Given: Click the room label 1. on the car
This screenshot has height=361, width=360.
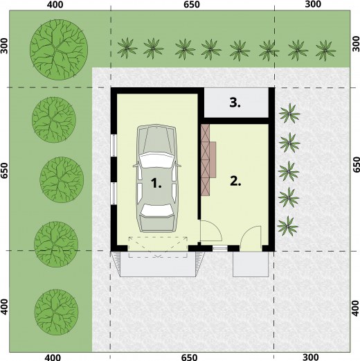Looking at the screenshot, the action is [156, 183].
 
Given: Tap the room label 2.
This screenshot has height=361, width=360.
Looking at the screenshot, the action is [235, 181].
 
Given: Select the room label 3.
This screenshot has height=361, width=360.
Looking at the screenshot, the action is [235, 103].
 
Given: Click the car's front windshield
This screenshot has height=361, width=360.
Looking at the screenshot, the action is [156, 160].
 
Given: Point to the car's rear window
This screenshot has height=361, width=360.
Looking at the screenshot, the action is [157, 210].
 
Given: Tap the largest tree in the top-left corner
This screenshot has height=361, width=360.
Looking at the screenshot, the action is [59, 50].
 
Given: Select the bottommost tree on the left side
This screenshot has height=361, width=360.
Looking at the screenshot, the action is [56, 312].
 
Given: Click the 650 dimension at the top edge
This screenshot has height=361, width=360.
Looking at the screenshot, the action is [192, 4].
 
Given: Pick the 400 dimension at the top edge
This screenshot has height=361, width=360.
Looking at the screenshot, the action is [55, 4].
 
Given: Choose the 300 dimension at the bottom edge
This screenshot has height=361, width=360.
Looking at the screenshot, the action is [310, 357].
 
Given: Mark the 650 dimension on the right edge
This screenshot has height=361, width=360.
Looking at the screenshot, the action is [357, 164].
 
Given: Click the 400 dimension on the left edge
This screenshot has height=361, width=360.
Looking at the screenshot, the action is [4, 307].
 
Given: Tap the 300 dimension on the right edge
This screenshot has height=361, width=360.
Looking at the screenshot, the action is [357, 44].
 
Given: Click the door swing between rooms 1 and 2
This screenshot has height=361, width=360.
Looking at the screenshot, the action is [210, 231].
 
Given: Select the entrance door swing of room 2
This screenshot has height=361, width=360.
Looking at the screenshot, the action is [251, 238].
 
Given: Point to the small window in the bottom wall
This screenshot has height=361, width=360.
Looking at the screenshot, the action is [220, 249].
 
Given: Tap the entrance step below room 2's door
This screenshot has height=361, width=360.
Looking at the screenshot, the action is [251, 264].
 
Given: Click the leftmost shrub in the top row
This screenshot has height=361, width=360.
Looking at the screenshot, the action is [127, 48].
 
